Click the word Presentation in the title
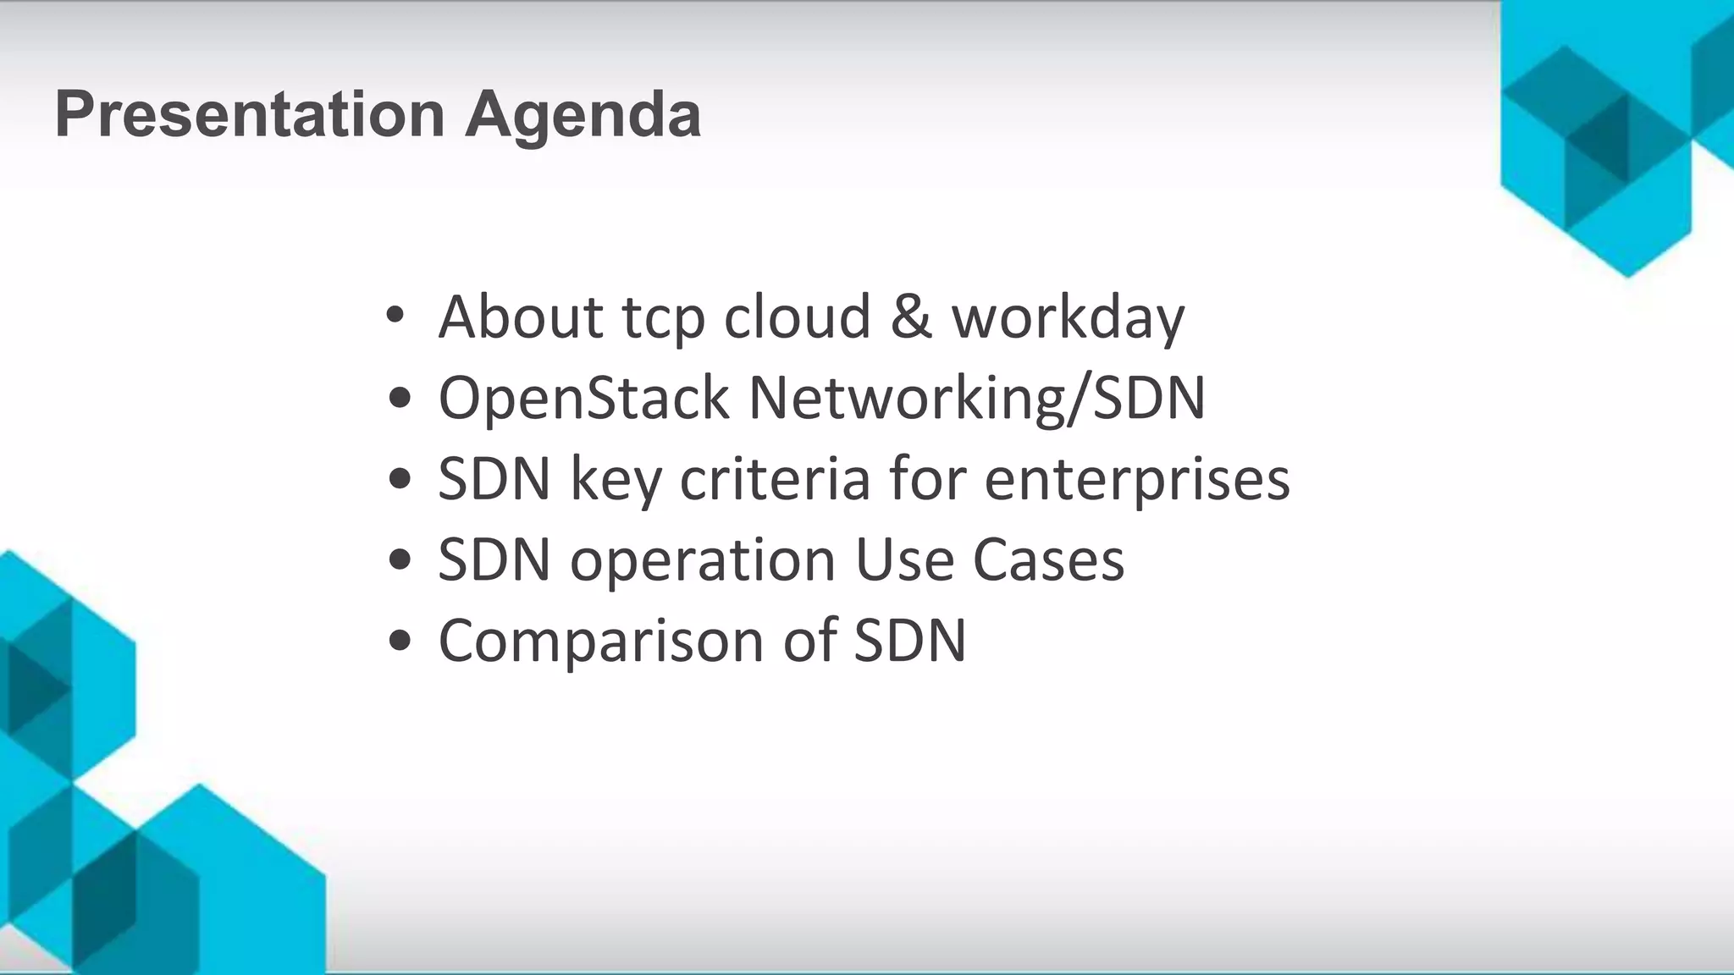coord(250,115)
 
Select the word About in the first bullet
coord(520,317)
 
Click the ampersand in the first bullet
coord(911,317)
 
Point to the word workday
coord(1068,318)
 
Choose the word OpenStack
coord(583,398)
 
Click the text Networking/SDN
coord(977,398)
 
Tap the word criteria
coord(775,478)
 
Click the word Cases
coord(1048,559)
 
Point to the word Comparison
coord(600,641)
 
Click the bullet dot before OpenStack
coord(400,398)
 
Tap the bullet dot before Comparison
coord(400,641)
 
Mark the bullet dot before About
coord(395,317)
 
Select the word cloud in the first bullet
coord(797,317)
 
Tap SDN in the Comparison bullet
coord(909,641)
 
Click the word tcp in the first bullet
coord(663,318)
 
